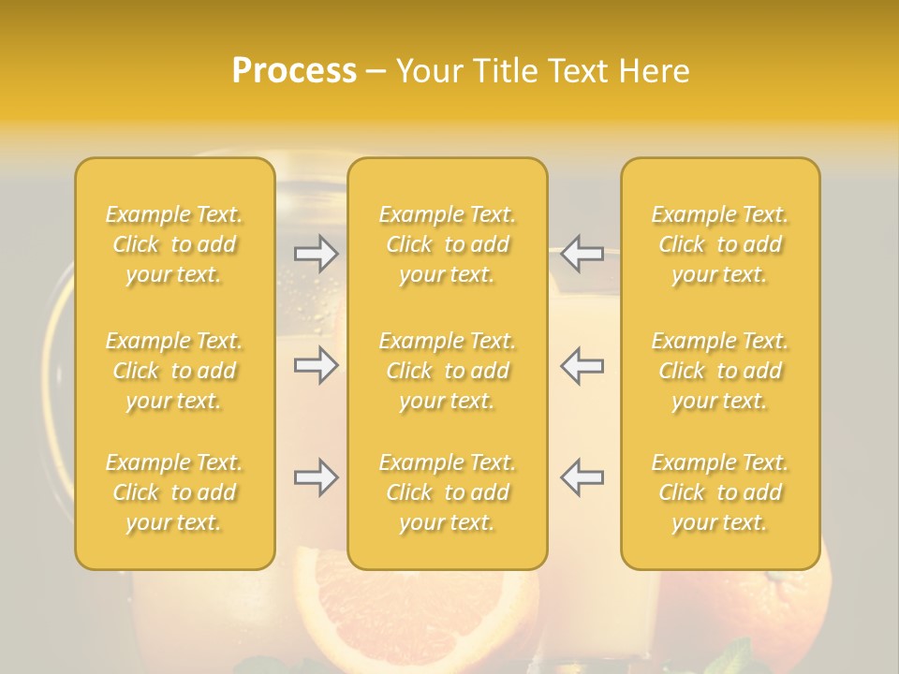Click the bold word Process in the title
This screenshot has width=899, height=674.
pos(294,71)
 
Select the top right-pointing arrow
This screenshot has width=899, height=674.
pos(316,254)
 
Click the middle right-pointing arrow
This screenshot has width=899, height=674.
pos(316,365)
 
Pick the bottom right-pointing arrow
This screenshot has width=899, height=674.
pos(316,477)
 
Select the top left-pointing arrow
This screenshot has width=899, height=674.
pos(582,254)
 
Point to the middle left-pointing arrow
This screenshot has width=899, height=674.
pos(582,365)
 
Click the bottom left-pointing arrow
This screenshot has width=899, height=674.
pos(582,477)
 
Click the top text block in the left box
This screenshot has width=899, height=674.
pos(174,244)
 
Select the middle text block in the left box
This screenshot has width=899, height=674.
pos(174,371)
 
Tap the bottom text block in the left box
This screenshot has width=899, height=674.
pos(174,492)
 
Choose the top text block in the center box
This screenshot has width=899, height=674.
pos(447,244)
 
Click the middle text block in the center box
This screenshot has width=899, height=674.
pos(447,371)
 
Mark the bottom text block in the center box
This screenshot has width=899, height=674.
pos(447,492)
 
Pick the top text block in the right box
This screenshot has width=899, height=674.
pos(720,244)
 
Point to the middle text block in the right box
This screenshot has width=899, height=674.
pos(720,371)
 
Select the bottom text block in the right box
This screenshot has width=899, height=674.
pos(720,492)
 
